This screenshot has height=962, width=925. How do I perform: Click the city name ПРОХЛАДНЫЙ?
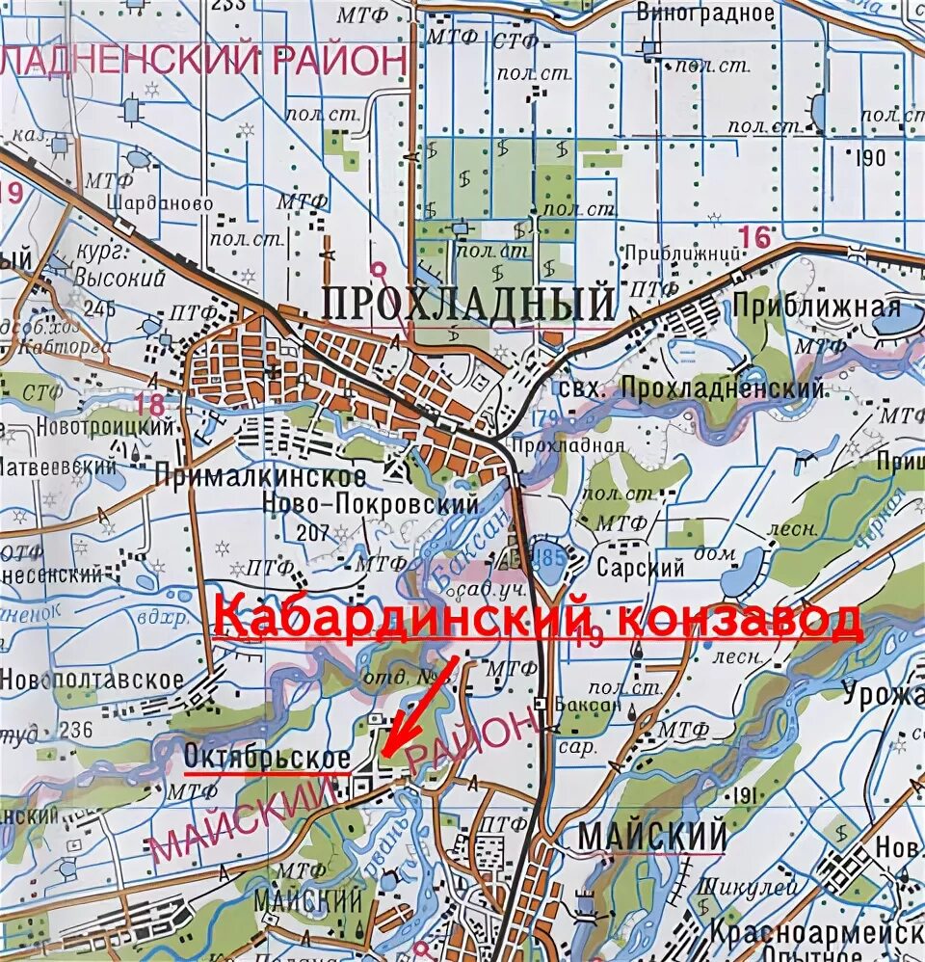tap(468, 304)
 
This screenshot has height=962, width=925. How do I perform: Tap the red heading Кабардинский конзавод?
tap(538, 618)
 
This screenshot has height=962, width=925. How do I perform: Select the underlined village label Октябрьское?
tap(266, 759)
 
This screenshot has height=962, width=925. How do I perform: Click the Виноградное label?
tap(705, 13)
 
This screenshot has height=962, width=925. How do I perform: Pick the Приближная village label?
tap(816, 307)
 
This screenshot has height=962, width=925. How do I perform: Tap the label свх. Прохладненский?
tap(691, 387)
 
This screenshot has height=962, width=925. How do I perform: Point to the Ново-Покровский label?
tap(371, 504)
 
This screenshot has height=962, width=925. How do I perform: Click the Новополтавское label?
tap(92, 679)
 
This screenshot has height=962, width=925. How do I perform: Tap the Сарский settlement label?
tap(640, 568)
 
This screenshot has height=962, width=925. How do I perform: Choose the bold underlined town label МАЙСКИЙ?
tap(651, 836)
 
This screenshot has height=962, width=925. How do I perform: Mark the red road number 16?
tap(756, 236)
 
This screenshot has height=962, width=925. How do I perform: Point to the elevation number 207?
tap(313, 532)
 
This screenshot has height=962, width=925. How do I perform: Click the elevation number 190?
tap(868, 158)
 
